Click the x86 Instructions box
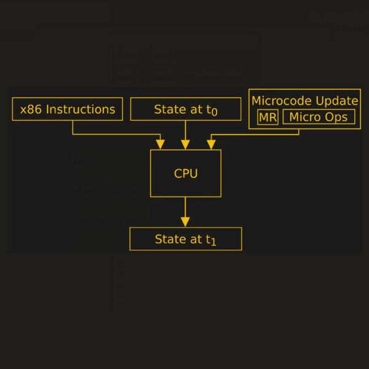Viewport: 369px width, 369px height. pos(67,109)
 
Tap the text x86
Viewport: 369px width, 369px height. pos(31,109)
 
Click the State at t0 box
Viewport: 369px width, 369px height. pos(186,109)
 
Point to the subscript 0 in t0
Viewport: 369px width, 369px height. pos(214,113)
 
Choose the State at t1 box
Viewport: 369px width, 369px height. pos(186,239)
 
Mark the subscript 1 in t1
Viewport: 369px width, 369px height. pos(213,242)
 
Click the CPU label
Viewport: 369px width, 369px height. pos(186,173)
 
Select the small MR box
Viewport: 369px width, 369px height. pos(268,117)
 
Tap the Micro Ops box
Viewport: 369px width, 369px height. pos(319,117)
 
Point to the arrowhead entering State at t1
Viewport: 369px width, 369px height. pos(185,222)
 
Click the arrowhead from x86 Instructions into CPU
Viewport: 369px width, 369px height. pos(161,145)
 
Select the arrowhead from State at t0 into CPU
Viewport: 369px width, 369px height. pos(185,145)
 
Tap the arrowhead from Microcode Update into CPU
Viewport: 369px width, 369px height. pos(212,145)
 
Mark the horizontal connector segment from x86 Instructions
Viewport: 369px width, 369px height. pos(117,134)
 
